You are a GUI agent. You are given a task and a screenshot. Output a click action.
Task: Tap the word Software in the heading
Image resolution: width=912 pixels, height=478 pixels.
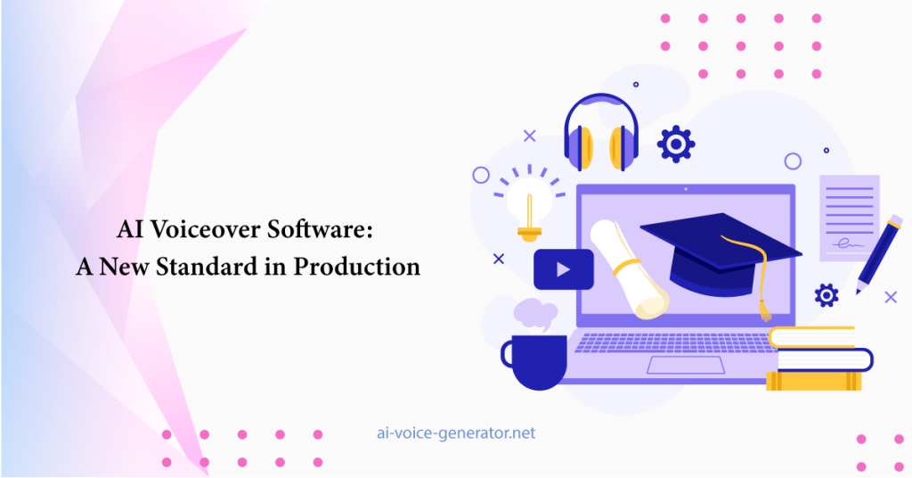pos(320,229)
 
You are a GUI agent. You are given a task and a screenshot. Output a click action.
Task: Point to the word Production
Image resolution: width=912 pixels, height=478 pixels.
pos(356,266)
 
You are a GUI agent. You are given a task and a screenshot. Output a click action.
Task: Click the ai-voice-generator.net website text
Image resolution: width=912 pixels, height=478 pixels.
pos(456,433)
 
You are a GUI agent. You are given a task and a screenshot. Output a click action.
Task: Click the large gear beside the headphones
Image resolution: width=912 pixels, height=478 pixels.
pos(676,144)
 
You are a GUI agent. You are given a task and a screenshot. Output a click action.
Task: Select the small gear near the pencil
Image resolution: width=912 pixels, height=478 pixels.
pos(826,295)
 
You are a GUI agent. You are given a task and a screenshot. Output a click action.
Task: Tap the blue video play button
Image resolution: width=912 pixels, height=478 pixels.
pos(564,269)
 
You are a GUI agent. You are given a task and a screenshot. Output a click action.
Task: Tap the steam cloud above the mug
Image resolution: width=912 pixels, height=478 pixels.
pos(535,313)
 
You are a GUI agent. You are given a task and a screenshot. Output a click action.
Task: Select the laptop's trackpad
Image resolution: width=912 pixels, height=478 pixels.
pos(686,365)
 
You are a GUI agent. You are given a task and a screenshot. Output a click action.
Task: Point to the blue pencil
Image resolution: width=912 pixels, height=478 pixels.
pos(880,254)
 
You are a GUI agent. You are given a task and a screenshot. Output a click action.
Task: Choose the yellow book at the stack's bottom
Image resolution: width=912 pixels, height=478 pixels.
pos(813,381)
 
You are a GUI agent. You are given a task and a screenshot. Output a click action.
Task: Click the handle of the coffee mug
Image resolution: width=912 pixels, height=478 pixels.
pos(507,354)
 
